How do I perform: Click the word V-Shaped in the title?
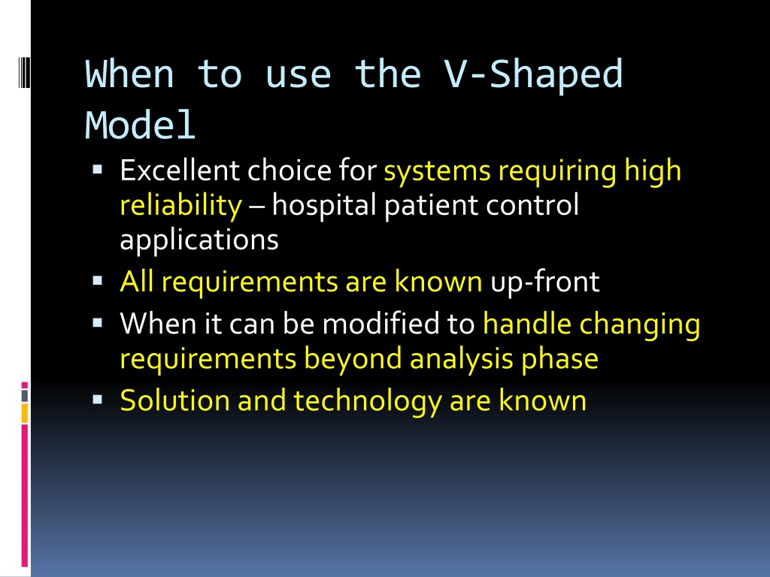pyautogui.click(x=534, y=74)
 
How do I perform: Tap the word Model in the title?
pyautogui.click(x=141, y=125)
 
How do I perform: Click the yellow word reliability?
pyautogui.click(x=180, y=205)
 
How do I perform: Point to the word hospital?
pyautogui.click(x=324, y=205)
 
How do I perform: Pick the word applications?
pyautogui.click(x=199, y=240)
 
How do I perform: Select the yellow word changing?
pyautogui.click(x=639, y=325)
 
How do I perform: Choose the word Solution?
pyautogui.click(x=174, y=400)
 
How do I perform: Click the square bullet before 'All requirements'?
pyautogui.click(x=97, y=281)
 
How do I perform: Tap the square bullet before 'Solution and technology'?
pyautogui.click(x=97, y=400)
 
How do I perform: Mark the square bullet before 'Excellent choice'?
pyautogui.click(x=97, y=171)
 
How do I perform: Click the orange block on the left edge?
pyautogui.click(x=25, y=413)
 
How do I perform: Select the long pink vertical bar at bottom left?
pyautogui.click(x=25, y=496)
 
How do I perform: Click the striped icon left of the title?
pyautogui.click(x=25, y=72)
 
